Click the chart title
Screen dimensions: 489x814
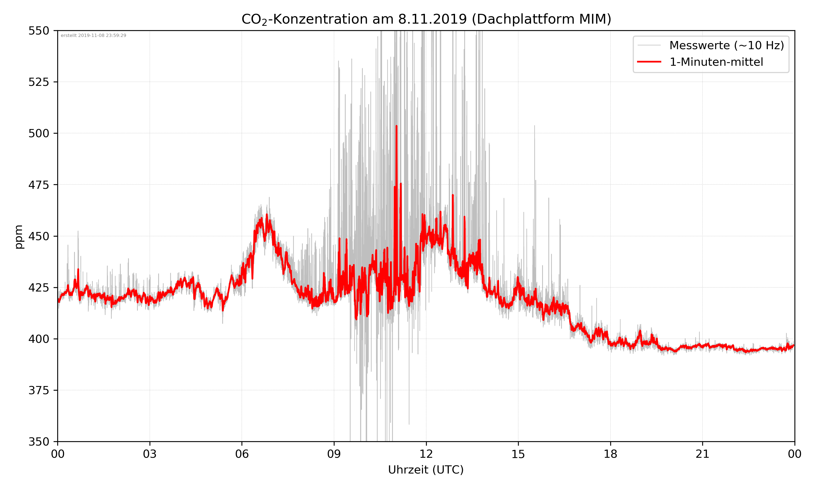coord(426,19)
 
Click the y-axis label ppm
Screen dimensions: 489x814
coord(19,236)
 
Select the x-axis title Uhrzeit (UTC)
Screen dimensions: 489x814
coord(426,469)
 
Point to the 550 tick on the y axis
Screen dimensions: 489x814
coord(39,31)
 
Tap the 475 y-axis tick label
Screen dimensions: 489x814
coord(39,185)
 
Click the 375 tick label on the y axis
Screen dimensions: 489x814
coord(39,390)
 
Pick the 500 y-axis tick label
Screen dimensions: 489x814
coord(39,133)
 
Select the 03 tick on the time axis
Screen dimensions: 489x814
coord(150,454)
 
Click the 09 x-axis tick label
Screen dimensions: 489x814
coord(334,454)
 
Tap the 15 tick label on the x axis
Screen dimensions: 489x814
coord(518,454)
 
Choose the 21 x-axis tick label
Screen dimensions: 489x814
coord(702,454)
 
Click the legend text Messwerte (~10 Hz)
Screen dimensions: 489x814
coord(726,45)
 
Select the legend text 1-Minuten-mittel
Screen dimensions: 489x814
coord(716,62)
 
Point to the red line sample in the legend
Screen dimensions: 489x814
coord(649,62)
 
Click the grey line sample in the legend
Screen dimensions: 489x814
coord(649,45)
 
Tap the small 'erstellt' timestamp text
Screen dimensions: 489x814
coord(93,36)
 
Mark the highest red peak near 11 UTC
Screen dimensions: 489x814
coord(396,126)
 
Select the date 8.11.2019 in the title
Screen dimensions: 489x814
coord(432,19)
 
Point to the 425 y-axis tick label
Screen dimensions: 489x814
coord(39,288)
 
